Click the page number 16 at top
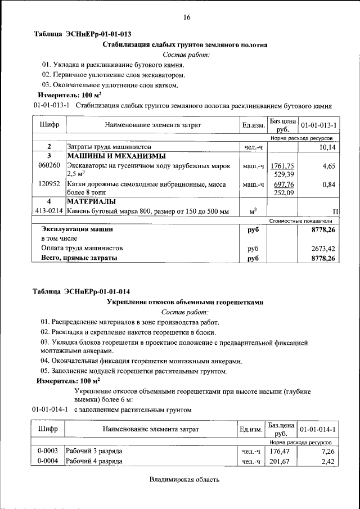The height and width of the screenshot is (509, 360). (187, 17)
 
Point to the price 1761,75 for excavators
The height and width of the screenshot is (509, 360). (282, 166)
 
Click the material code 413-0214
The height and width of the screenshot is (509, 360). (49, 211)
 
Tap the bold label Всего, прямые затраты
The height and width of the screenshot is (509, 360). (79, 258)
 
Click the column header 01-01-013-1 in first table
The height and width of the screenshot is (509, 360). (318, 125)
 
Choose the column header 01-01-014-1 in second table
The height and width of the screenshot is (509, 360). (318, 430)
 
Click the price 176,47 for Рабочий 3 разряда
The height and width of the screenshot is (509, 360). (279, 451)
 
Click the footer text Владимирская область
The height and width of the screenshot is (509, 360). (184, 480)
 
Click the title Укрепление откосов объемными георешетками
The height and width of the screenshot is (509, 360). (185, 302)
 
